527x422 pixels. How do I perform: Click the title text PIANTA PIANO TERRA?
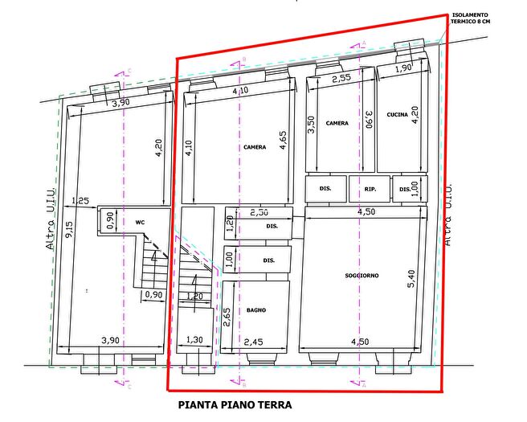point(235,405)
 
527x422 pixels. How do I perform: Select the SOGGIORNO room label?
point(362,276)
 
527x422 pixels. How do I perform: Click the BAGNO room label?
point(256,310)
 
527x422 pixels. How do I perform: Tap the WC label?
point(140,221)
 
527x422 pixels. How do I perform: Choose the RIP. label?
point(370,190)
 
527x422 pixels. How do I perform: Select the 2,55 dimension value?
point(341,79)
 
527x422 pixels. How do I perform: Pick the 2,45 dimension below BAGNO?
point(254,342)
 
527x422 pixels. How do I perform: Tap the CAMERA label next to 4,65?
point(255,148)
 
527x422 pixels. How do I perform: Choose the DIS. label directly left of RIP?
point(325,190)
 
